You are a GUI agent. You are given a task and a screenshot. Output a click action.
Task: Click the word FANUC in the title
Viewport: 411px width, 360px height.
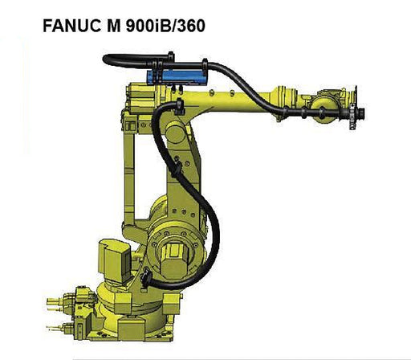pyautogui.click(x=72, y=26)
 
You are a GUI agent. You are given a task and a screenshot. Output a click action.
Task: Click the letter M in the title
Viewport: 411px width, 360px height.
pyautogui.click(x=113, y=26)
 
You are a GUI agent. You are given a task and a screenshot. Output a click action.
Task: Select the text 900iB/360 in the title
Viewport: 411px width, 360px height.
pyautogui.click(x=165, y=26)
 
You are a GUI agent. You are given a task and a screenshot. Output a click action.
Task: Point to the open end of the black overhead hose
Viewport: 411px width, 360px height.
pyautogui.click(x=105, y=59)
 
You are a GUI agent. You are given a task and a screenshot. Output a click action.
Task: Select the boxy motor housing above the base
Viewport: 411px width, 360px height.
pyautogui.click(x=114, y=261)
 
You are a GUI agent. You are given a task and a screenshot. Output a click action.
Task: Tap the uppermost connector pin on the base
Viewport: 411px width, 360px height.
pyautogui.click(x=55, y=301)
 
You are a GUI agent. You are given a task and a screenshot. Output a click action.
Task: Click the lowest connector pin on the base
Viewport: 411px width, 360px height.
pyautogui.click(x=55, y=328)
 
